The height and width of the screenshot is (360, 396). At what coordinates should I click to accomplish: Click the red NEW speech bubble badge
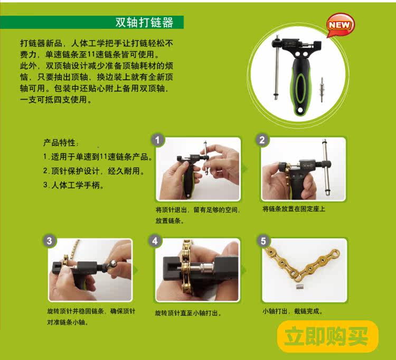click(x=341, y=25)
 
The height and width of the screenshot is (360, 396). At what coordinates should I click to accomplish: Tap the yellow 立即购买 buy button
click(x=328, y=337)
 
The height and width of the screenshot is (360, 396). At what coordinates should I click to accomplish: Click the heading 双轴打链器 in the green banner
click(x=144, y=22)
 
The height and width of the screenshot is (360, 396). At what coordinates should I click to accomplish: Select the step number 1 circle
click(x=158, y=140)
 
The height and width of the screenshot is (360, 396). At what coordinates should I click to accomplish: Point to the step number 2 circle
click(x=262, y=140)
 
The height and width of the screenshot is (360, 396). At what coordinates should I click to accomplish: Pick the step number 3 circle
click(x=49, y=241)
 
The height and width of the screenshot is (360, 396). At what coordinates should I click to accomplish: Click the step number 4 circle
click(x=155, y=241)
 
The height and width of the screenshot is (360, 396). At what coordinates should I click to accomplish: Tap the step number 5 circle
click(x=263, y=241)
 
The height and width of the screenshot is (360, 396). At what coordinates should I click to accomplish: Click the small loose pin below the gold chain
click(x=299, y=288)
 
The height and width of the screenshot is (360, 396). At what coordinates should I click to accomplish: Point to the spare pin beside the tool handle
click(x=322, y=89)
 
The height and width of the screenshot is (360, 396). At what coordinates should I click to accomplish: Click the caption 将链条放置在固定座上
click(x=294, y=209)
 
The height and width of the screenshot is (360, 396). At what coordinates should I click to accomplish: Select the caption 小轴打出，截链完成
click(x=293, y=311)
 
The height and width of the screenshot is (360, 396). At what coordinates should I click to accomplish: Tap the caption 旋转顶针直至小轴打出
click(x=188, y=313)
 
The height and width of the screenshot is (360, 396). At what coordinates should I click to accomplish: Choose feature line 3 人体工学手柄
click(x=73, y=186)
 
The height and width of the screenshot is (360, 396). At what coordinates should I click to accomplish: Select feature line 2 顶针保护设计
click(x=94, y=171)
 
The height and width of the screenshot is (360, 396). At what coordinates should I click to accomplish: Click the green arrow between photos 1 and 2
click(x=244, y=169)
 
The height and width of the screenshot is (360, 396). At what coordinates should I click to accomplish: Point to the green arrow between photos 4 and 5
click(x=244, y=271)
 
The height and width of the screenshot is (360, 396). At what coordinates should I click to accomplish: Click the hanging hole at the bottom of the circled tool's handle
click(x=300, y=110)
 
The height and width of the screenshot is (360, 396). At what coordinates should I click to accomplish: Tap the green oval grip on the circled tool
click(x=301, y=88)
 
